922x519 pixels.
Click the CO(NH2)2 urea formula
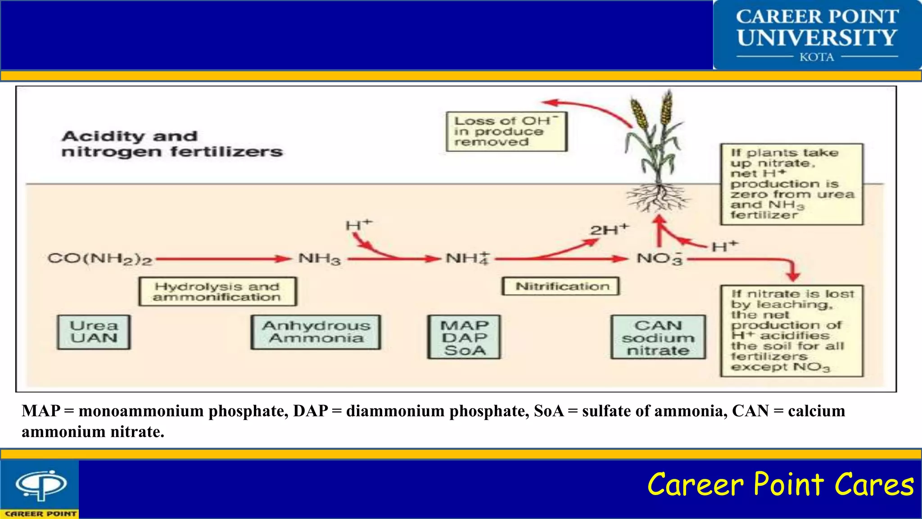(100, 259)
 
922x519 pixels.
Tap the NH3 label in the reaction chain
(320, 259)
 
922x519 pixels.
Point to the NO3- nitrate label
(659, 259)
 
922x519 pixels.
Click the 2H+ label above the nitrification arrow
(609, 230)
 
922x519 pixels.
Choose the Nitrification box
(560, 286)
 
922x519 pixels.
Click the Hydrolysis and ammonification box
(217, 291)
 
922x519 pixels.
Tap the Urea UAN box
(94, 332)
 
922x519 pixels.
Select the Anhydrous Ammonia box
(316, 332)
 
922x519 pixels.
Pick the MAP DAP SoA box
(464, 337)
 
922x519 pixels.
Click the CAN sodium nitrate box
(658, 337)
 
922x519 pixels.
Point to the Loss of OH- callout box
(506, 132)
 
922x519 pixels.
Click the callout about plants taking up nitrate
(791, 184)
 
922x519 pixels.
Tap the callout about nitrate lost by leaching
(791, 331)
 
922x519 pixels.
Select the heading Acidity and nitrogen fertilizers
(172, 144)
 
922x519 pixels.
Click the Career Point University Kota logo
(817, 35)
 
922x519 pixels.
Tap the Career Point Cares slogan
(780, 485)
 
